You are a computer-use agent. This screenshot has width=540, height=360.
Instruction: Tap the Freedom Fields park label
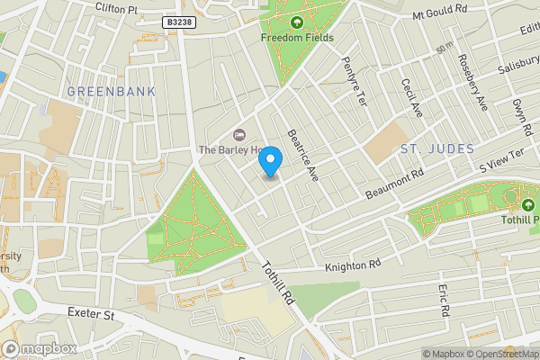[x=297, y=38]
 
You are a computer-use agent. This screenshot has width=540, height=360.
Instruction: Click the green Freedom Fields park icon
[x=297, y=22]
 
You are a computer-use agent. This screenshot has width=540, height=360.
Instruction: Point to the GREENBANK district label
[x=111, y=92]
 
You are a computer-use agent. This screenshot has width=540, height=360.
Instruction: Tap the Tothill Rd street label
[x=278, y=282]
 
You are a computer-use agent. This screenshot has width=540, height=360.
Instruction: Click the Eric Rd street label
[x=444, y=301]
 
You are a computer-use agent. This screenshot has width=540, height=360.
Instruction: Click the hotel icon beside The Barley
[x=238, y=134]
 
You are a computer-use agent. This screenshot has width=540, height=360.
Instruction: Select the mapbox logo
[x=40, y=348]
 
